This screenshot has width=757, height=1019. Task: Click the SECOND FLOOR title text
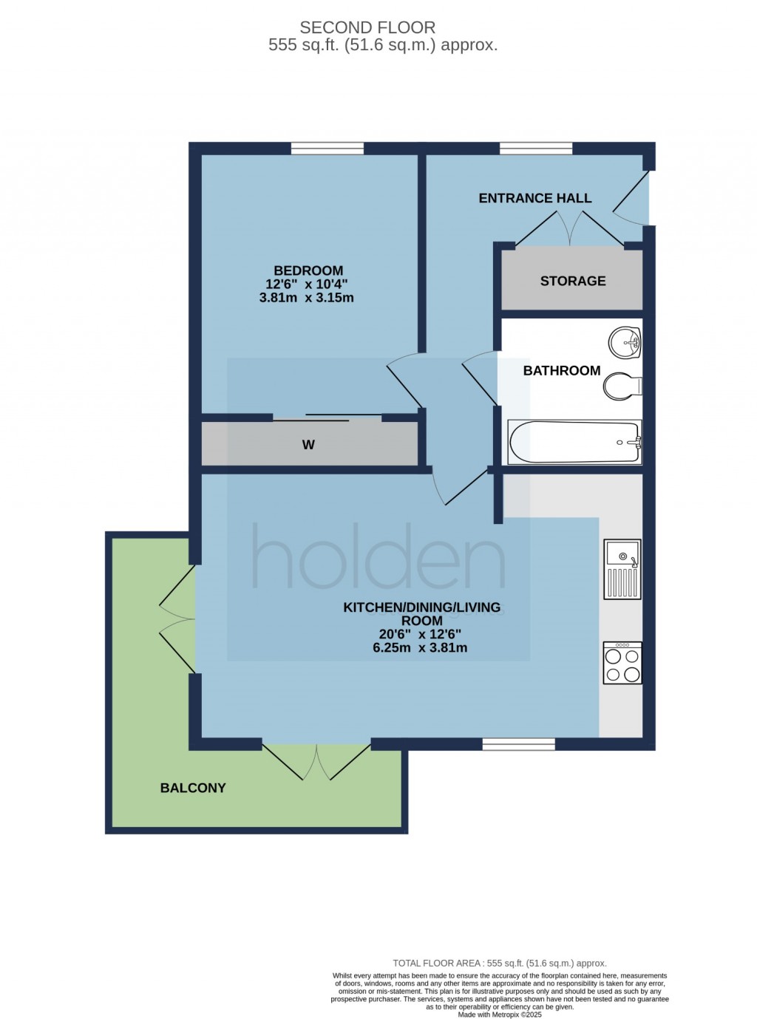point(367,27)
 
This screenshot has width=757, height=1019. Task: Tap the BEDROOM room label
point(308,270)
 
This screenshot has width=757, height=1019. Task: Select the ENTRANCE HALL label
point(534,198)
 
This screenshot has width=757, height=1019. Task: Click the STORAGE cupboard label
point(572,281)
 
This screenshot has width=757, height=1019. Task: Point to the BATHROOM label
point(561,370)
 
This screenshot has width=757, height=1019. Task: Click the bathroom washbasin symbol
point(625,342)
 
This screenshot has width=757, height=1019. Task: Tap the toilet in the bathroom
point(622,386)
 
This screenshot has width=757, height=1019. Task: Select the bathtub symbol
point(574,442)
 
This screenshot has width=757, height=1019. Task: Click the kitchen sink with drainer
point(622,569)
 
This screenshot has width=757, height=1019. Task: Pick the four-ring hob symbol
point(622,663)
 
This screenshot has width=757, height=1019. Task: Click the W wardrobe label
point(308,445)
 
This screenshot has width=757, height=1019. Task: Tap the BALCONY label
point(193,788)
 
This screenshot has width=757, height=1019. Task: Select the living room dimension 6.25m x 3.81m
point(420,648)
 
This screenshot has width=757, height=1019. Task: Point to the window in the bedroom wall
point(327,149)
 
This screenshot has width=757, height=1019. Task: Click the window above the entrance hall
point(536,149)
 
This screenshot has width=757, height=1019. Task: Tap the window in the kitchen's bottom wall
point(518,744)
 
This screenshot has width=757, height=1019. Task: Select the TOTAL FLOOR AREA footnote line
point(499,963)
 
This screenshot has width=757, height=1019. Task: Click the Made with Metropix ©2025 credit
point(500,1015)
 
